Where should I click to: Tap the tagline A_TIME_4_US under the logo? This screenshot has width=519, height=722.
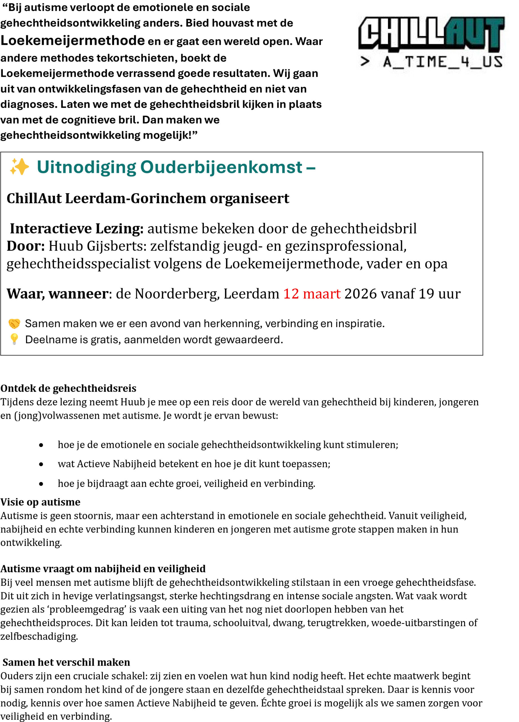point(442,62)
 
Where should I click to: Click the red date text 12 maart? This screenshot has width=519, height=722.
point(312,294)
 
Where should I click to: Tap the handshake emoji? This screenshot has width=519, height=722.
point(14,324)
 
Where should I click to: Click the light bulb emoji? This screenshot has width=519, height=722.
point(14,339)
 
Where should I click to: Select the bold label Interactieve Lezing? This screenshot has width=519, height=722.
point(77,228)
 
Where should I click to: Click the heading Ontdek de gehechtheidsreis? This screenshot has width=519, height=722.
point(68,388)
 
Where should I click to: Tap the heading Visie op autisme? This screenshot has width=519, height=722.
point(40,502)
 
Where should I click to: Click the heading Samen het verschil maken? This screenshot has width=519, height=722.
point(66,662)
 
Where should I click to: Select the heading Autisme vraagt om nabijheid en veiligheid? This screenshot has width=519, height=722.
point(103,569)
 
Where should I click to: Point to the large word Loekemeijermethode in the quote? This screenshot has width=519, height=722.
point(72,40)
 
